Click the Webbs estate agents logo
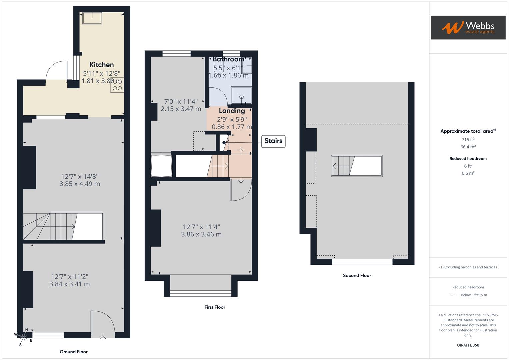click(x=468, y=27)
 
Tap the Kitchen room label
click(x=102, y=65)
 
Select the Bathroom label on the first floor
click(x=228, y=59)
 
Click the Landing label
click(x=232, y=111)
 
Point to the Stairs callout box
click(x=273, y=141)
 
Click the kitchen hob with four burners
click(x=117, y=85)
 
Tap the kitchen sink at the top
click(x=92, y=18)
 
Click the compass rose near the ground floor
click(x=23, y=336)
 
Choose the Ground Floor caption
click(x=74, y=352)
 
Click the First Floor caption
click(x=215, y=307)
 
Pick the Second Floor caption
click(x=357, y=275)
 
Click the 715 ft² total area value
click(x=468, y=140)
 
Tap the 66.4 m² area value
click(x=468, y=147)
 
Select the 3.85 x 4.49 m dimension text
click(x=80, y=184)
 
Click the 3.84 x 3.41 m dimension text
click(x=69, y=284)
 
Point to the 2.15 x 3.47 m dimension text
click(x=181, y=109)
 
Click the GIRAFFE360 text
click(x=468, y=345)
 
